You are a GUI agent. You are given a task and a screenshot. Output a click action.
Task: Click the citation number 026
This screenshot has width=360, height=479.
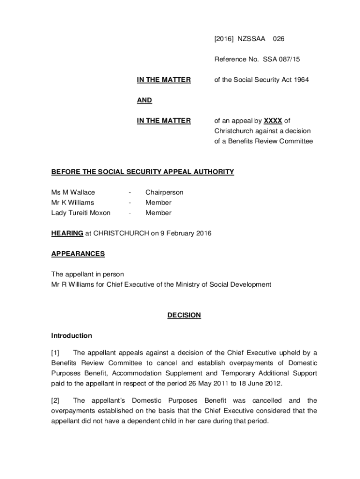coord(279,39)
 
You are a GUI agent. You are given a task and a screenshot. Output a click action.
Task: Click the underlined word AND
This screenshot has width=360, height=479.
coord(144,101)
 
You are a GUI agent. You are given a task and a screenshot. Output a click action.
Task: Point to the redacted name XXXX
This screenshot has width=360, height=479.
coord(273,121)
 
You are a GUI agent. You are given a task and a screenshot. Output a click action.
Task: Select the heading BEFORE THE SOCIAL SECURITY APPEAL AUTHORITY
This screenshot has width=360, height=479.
coord(142,172)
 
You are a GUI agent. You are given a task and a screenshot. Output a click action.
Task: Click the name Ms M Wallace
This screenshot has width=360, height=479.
coord(73,192)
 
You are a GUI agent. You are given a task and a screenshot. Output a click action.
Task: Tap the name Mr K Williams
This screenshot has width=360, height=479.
coord(72,203)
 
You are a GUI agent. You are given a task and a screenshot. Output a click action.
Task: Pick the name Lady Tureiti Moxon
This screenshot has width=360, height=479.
coord(81,213)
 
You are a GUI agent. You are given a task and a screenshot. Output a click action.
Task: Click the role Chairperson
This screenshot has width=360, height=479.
coord(164,192)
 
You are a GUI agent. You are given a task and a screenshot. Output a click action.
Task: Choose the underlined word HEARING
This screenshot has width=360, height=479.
coord(67,233)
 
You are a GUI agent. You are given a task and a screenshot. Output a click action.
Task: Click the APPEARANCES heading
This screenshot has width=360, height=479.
coord(78,254)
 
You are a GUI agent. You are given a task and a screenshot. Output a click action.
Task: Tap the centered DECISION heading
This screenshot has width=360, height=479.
coord(184,315)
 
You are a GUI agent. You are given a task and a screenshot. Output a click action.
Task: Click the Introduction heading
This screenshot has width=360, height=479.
coord(72,336)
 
